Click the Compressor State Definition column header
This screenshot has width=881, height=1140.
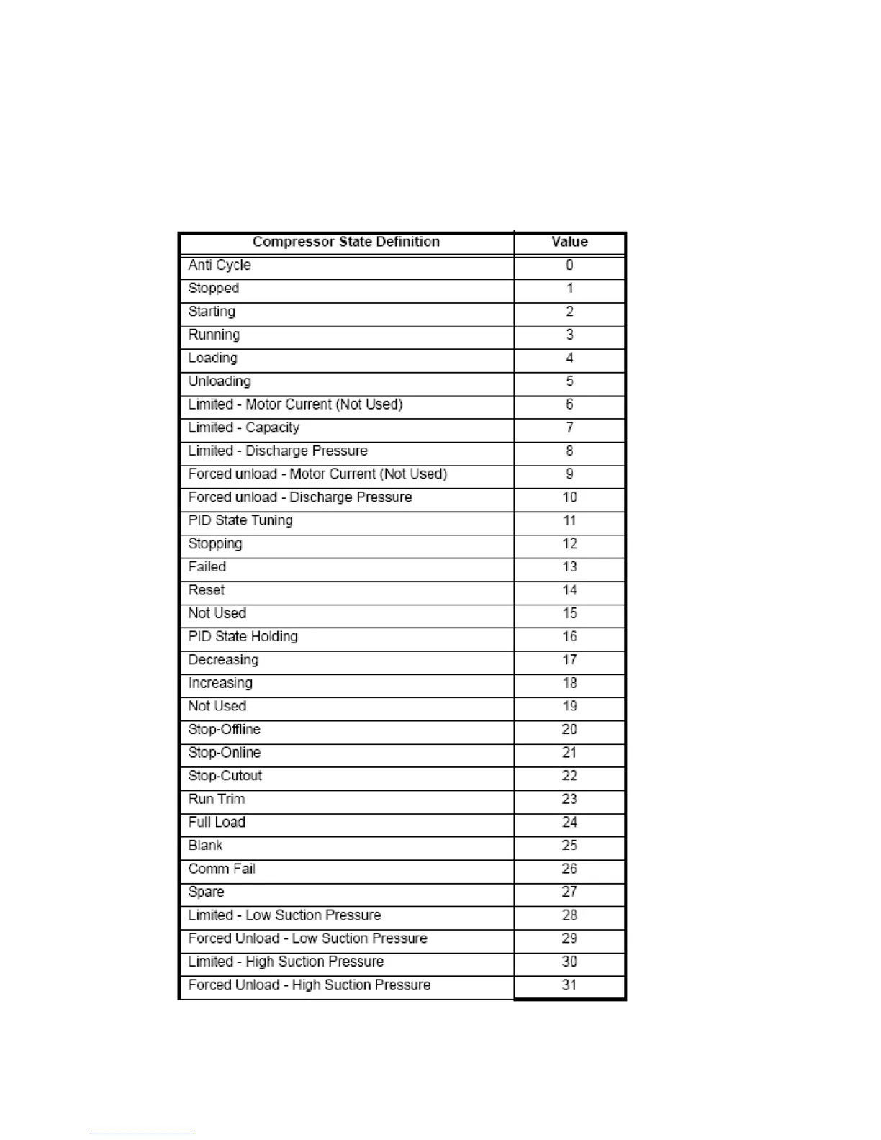pos(345,242)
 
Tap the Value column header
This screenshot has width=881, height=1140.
pos(569,242)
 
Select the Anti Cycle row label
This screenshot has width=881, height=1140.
pos(220,265)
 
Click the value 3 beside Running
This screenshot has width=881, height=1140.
pos(569,335)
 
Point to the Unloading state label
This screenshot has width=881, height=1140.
pos(220,381)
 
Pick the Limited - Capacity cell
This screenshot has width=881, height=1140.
pos(243,427)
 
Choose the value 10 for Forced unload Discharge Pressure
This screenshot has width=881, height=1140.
pos(569,497)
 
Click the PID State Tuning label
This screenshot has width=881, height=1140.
pos(240,520)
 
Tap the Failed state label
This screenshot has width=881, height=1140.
pos(207,567)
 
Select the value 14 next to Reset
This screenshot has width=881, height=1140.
pos(569,590)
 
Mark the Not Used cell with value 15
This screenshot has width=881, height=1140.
pos(217,613)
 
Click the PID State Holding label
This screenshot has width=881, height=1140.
pos(243,637)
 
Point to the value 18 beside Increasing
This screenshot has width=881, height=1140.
pos(569,683)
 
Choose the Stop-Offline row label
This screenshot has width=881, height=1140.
pos(224,730)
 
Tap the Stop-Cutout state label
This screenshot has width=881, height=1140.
pos(225,776)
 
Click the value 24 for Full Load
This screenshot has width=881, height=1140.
pos(569,823)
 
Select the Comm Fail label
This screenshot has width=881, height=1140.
pos(222,869)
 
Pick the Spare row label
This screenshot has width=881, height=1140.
pos(206,892)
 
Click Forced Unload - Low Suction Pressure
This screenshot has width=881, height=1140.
pos(307,938)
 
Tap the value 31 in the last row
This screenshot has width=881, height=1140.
pos(569,985)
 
